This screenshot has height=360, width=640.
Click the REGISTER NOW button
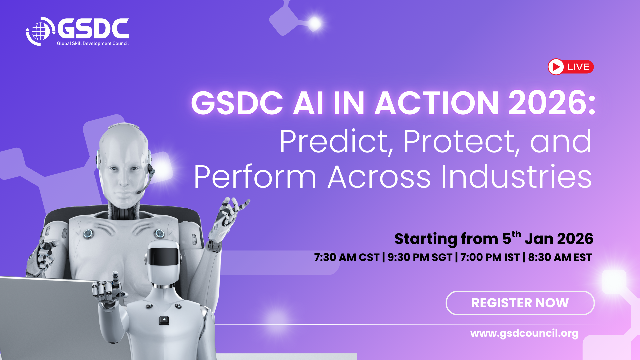coord(520,303)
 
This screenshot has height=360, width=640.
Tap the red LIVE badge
coord(571,67)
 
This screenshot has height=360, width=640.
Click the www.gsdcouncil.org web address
coord(524,333)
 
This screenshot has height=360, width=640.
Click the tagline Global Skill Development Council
coord(93,43)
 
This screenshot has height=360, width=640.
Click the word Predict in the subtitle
coord(334,142)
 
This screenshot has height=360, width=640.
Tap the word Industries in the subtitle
coord(516,177)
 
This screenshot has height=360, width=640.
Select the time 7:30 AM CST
coord(347,257)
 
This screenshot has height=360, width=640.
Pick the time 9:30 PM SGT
coord(420,257)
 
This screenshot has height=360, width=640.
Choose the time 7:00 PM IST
coord(490,257)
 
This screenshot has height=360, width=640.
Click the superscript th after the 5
coord(516,234)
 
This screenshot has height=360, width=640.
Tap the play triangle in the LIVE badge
coord(556,67)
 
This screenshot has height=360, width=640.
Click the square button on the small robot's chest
coord(164,321)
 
